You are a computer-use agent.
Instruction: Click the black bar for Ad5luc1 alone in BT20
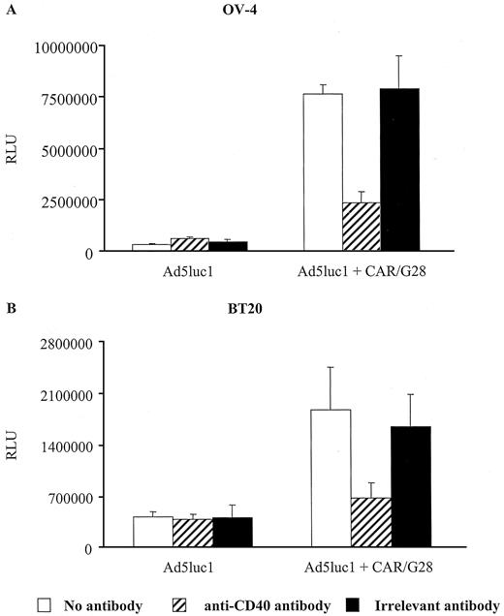[231, 532]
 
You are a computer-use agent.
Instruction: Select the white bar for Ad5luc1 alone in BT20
[153, 532]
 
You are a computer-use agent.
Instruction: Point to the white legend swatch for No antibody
[44, 604]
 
